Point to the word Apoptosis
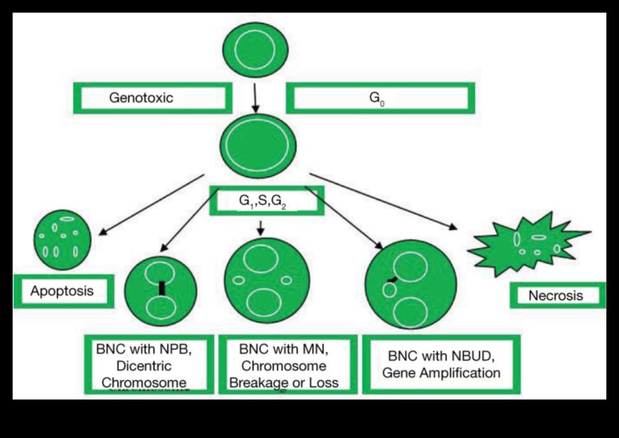62,291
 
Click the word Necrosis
556,295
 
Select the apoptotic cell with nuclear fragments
61,240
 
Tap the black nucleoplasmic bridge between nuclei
162,288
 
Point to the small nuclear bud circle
389,290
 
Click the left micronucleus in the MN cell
239,280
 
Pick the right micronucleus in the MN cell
286,280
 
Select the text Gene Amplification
441,372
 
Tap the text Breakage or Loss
284,382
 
